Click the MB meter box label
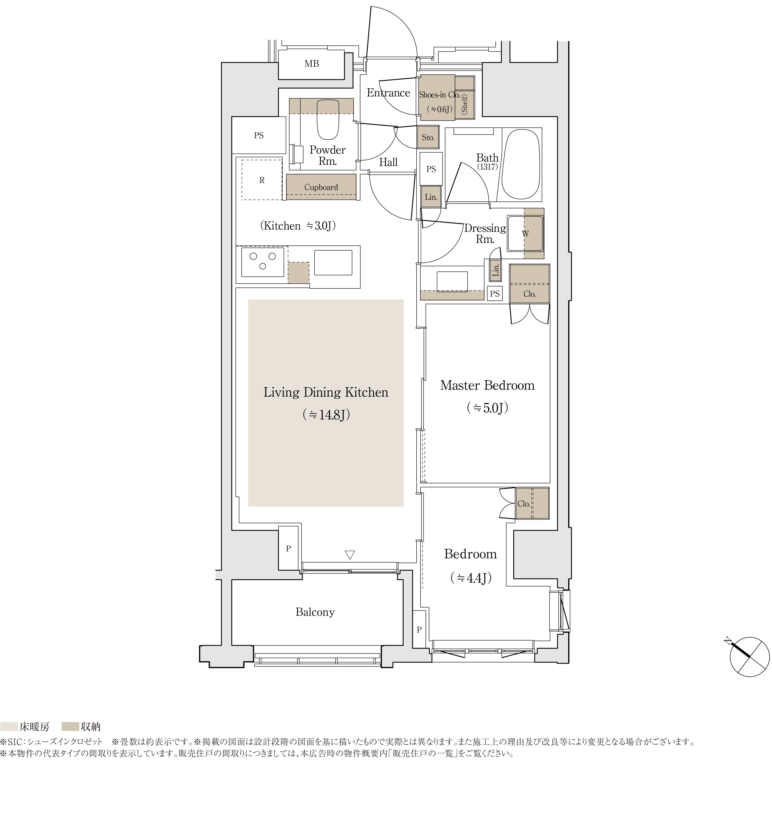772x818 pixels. tap(311, 64)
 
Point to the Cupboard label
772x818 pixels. tap(321, 187)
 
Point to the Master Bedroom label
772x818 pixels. tap(487, 386)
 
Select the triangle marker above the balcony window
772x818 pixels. tap(350, 555)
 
